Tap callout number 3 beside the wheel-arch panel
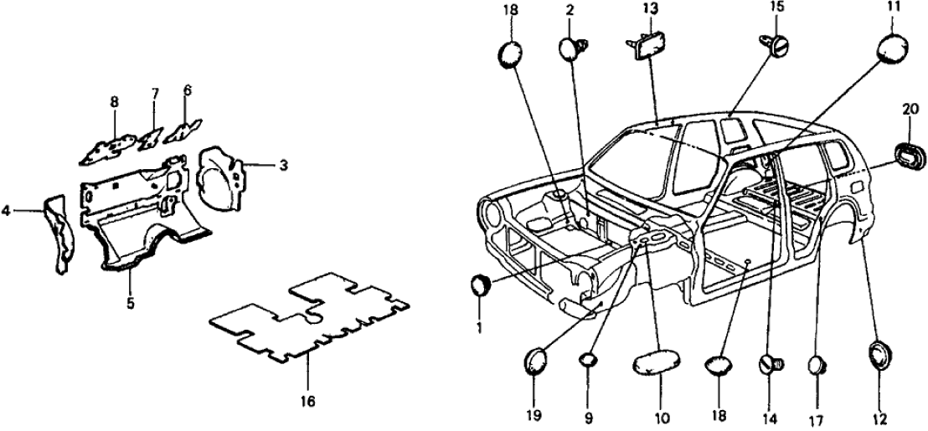(284, 166)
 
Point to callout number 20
(910, 109)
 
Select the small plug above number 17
(818, 366)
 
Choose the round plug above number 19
(535, 362)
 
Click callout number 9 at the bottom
(588, 417)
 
